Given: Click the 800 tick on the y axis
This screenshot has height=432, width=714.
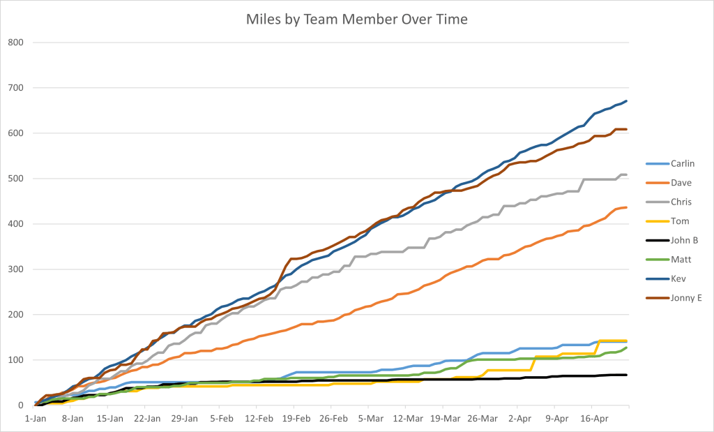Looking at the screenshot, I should pos(15,43).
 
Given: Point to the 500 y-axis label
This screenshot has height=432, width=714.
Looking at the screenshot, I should pos(15,179).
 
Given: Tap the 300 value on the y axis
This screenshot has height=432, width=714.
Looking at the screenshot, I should pos(15,269).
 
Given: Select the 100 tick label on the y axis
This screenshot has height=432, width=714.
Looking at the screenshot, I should pos(15,360).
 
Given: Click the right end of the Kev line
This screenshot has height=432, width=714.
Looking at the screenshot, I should pos(627,101).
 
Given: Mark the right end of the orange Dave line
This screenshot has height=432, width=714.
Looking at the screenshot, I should pos(627,207).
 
